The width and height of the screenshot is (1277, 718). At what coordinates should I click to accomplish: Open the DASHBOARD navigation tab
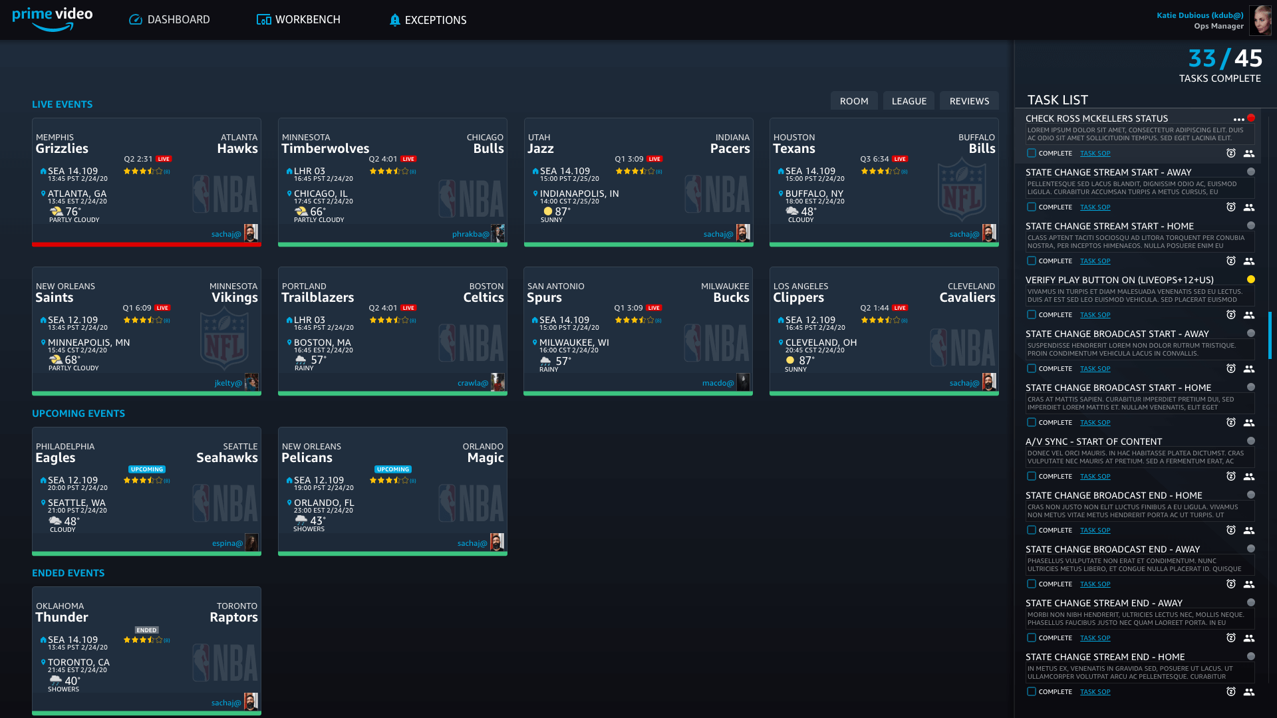(x=169, y=20)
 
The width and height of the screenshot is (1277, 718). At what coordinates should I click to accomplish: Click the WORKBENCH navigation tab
(x=299, y=20)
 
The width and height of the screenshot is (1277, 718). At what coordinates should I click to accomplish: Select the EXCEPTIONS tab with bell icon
(x=428, y=20)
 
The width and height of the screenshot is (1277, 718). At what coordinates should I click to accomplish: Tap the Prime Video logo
(x=53, y=19)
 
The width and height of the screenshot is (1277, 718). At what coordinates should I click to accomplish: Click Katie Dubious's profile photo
(x=1260, y=20)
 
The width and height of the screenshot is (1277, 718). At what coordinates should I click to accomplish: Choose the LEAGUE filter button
(x=909, y=101)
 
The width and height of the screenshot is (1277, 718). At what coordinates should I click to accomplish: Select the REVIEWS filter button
(x=969, y=101)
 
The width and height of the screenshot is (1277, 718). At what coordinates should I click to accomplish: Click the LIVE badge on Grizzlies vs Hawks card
(x=164, y=159)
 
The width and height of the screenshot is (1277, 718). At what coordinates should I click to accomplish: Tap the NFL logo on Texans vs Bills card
(x=962, y=193)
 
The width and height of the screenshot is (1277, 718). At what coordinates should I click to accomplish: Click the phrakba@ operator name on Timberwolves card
(x=470, y=234)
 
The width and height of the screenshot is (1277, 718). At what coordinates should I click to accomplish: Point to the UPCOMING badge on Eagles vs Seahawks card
(x=147, y=469)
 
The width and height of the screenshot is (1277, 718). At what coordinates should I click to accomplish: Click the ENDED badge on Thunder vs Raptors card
(x=146, y=630)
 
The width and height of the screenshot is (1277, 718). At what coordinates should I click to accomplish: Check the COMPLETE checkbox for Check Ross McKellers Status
(x=1032, y=153)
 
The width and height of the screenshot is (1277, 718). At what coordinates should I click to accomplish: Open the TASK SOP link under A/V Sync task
(x=1095, y=477)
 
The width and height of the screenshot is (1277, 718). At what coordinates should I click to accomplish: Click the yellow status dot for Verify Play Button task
(x=1251, y=279)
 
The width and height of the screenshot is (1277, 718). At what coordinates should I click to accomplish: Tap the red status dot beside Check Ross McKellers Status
(x=1251, y=118)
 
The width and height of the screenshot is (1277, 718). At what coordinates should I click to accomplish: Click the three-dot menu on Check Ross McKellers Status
(x=1238, y=120)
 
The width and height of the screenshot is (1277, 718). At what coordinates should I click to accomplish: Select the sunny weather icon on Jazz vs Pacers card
(x=548, y=211)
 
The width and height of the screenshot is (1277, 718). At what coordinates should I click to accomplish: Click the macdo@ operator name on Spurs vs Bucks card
(x=718, y=383)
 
